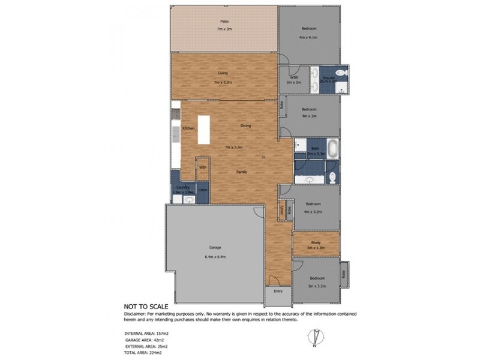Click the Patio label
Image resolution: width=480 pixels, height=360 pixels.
pyautogui.click(x=224, y=22)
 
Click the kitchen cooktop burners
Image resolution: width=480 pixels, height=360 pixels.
pyautogui.click(x=176, y=113)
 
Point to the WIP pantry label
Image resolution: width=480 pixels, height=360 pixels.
pyautogui.click(x=203, y=167)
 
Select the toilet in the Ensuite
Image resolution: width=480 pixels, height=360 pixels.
pyautogui.click(x=341, y=73)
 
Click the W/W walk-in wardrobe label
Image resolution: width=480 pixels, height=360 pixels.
pyautogui.click(x=293, y=78)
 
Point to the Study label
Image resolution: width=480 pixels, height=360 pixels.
pyautogui.click(x=316, y=242)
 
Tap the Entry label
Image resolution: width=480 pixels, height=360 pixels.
pyautogui.click(x=278, y=291)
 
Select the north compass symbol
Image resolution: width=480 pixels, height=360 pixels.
pyautogui.click(x=314, y=337)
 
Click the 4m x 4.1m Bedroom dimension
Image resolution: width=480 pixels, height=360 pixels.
pyautogui.click(x=308, y=37)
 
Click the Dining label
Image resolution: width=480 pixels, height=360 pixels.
pyautogui.click(x=245, y=126)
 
